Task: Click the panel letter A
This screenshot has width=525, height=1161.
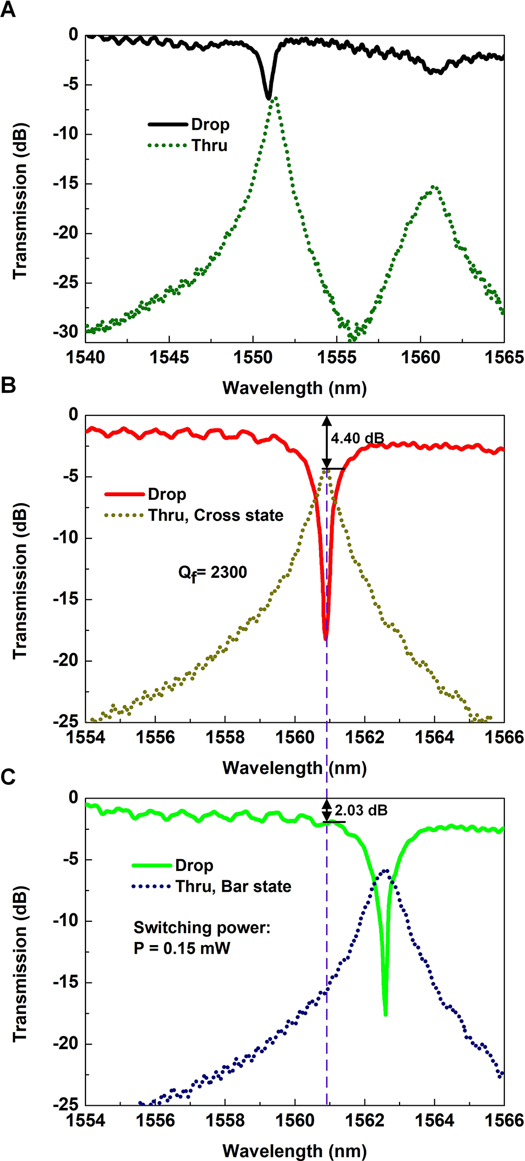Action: coord(8,9)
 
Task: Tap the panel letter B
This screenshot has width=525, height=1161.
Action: coord(8,385)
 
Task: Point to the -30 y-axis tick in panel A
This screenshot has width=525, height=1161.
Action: coord(66,331)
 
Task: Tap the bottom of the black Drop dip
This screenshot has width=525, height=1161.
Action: coord(268,97)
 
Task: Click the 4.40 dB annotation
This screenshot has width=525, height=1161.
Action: coord(357,438)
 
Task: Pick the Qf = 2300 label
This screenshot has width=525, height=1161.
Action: coord(212,572)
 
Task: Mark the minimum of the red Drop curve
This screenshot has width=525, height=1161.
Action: coord(325,638)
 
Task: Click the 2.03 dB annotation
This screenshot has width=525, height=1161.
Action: coord(361,810)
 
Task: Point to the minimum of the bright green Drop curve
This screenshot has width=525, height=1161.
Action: coord(385,1014)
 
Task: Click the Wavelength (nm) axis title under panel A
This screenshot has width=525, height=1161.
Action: coord(294,388)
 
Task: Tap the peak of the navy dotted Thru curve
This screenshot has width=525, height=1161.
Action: coord(386,870)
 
